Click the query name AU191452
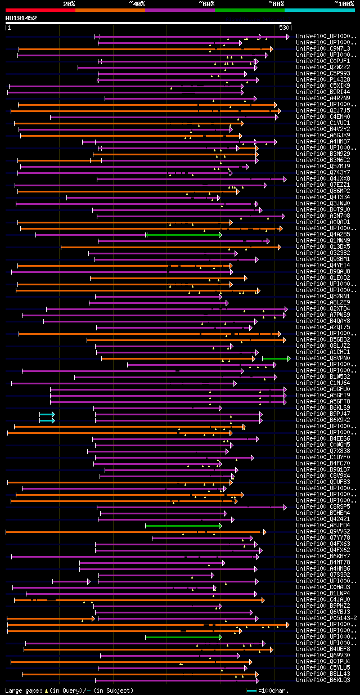tap(21, 18)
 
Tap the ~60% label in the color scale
tap(206, 4)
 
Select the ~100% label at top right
tap(343, 4)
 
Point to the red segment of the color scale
tap(39, 10)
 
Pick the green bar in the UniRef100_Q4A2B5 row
tap(184, 235)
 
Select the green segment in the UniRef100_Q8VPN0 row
tap(276, 358)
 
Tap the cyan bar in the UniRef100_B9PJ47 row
tap(47, 414)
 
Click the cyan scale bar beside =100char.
tap(251, 690)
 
